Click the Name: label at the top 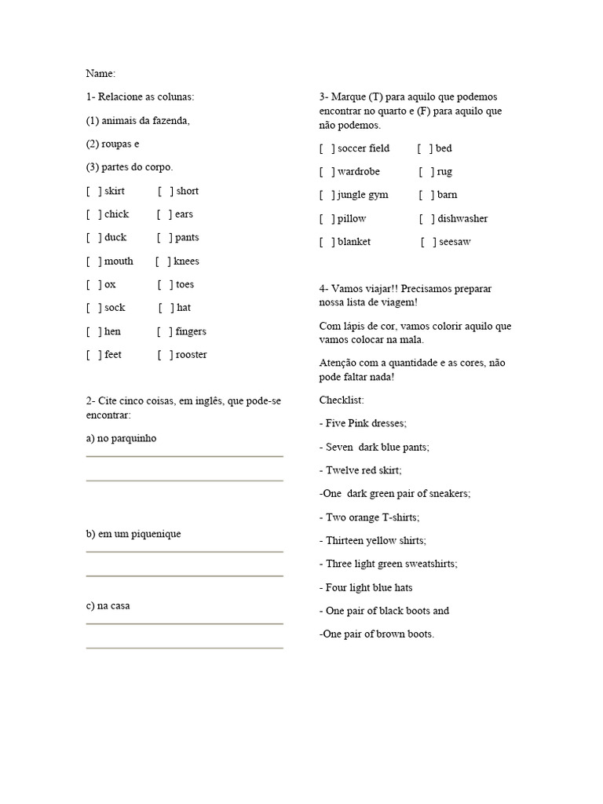(100, 74)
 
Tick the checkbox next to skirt (93, 191)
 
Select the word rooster (191, 355)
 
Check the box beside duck (93, 238)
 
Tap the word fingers (191, 331)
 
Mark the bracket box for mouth (93, 261)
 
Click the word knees (186, 261)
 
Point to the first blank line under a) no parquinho (185, 455)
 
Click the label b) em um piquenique (133, 534)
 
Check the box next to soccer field (327, 148)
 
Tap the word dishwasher (462, 219)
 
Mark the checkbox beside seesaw (429, 242)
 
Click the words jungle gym (363, 195)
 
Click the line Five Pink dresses (363, 423)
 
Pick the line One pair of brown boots (377, 634)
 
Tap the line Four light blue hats (366, 587)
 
